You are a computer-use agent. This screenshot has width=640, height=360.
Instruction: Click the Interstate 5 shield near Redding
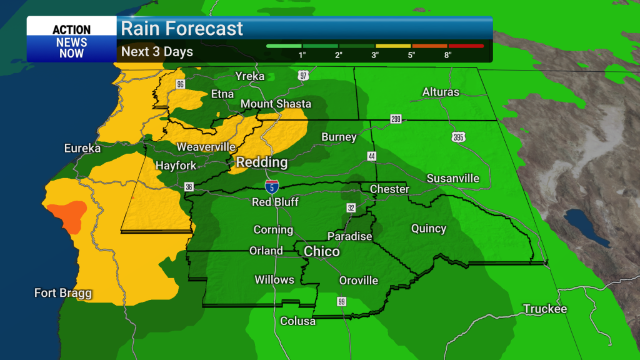[271, 186]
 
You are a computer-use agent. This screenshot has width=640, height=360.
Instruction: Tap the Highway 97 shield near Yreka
[304, 76]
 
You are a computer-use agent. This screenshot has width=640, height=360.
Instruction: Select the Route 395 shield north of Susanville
[459, 137]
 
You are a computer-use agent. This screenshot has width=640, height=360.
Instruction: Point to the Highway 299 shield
[396, 118]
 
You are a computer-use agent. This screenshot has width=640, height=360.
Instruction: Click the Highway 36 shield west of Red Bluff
[189, 186]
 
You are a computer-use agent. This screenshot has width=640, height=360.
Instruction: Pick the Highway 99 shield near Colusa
[341, 302]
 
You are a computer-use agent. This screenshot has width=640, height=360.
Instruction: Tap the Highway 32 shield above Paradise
[350, 207]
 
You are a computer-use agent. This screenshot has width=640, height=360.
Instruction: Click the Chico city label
[322, 251]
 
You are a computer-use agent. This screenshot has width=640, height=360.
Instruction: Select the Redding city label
[261, 162]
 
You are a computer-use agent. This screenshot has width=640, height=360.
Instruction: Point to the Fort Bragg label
[63, 292]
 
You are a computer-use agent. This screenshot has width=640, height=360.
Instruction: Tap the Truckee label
[545, 309]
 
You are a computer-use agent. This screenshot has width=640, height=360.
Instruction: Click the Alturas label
[441, 92]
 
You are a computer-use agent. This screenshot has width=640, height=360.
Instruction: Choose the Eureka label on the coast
[82, 148]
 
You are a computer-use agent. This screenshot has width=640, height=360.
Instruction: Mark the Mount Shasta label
[276, 104]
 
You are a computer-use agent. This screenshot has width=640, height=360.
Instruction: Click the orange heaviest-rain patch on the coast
[67, 214]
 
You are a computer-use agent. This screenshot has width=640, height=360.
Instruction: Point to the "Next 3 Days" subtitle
[157, 51]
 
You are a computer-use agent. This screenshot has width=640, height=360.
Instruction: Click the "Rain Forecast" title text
[182, 28]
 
